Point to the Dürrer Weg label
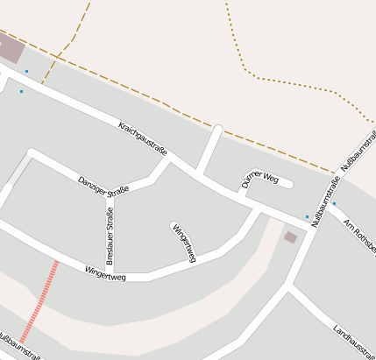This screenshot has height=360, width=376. pyautogui.click(x=259, y=180)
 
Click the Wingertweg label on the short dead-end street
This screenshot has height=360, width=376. pyautogui.click(x=184, y=243)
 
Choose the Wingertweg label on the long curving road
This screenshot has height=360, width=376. pyautogui.click(x=105, y=277)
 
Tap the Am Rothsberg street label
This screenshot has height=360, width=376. pyautogui.click(x=359, y=236)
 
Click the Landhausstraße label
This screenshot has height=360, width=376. pyautogui.click(x=354, y=342)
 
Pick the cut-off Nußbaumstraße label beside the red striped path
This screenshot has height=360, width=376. pyautogui.click(x=18, y=347)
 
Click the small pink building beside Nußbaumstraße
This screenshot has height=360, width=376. pyautogui.click(x=290, y=236)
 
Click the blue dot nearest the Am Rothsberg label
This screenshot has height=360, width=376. pyautogui.click(x=334, y=204)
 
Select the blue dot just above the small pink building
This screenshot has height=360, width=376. pyautogui.click(x=307, y=216)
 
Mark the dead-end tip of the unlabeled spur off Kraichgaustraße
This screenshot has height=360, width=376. pyautogui.click(x=217, y=130)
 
